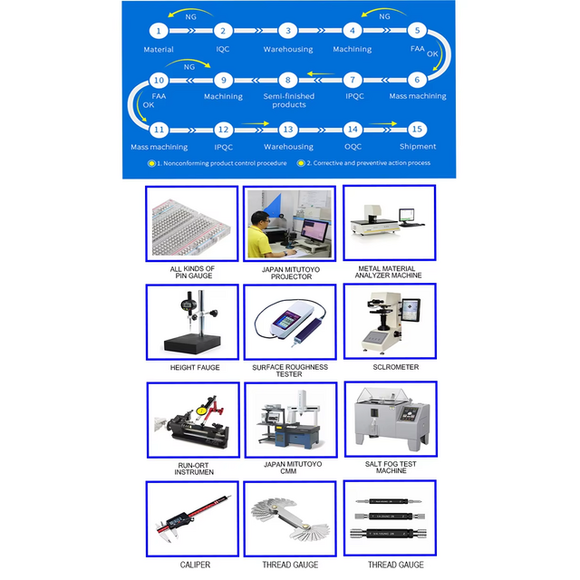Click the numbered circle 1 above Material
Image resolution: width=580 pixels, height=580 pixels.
159,31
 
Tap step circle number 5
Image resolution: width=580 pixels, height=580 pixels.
417,30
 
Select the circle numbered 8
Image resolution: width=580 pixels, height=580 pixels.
288,80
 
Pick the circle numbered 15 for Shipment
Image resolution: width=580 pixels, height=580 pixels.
417,129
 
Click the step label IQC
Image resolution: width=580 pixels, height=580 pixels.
223,49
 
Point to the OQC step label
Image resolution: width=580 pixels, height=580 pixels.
353,147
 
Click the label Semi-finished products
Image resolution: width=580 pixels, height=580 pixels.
289,101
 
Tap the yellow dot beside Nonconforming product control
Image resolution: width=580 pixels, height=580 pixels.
151,163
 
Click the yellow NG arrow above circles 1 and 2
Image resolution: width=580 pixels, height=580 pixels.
190,11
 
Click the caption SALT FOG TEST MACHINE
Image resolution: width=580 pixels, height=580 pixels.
391,468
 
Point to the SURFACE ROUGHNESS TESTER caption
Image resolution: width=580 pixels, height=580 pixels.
290,371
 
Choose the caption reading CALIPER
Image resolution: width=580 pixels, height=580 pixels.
195,565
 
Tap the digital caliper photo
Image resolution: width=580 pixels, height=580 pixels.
193,518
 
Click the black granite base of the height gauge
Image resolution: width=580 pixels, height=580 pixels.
192,343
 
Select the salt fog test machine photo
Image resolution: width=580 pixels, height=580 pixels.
391,417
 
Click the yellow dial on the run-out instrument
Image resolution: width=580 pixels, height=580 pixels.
201,411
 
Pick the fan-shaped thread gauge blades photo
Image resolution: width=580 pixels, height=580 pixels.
290,518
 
